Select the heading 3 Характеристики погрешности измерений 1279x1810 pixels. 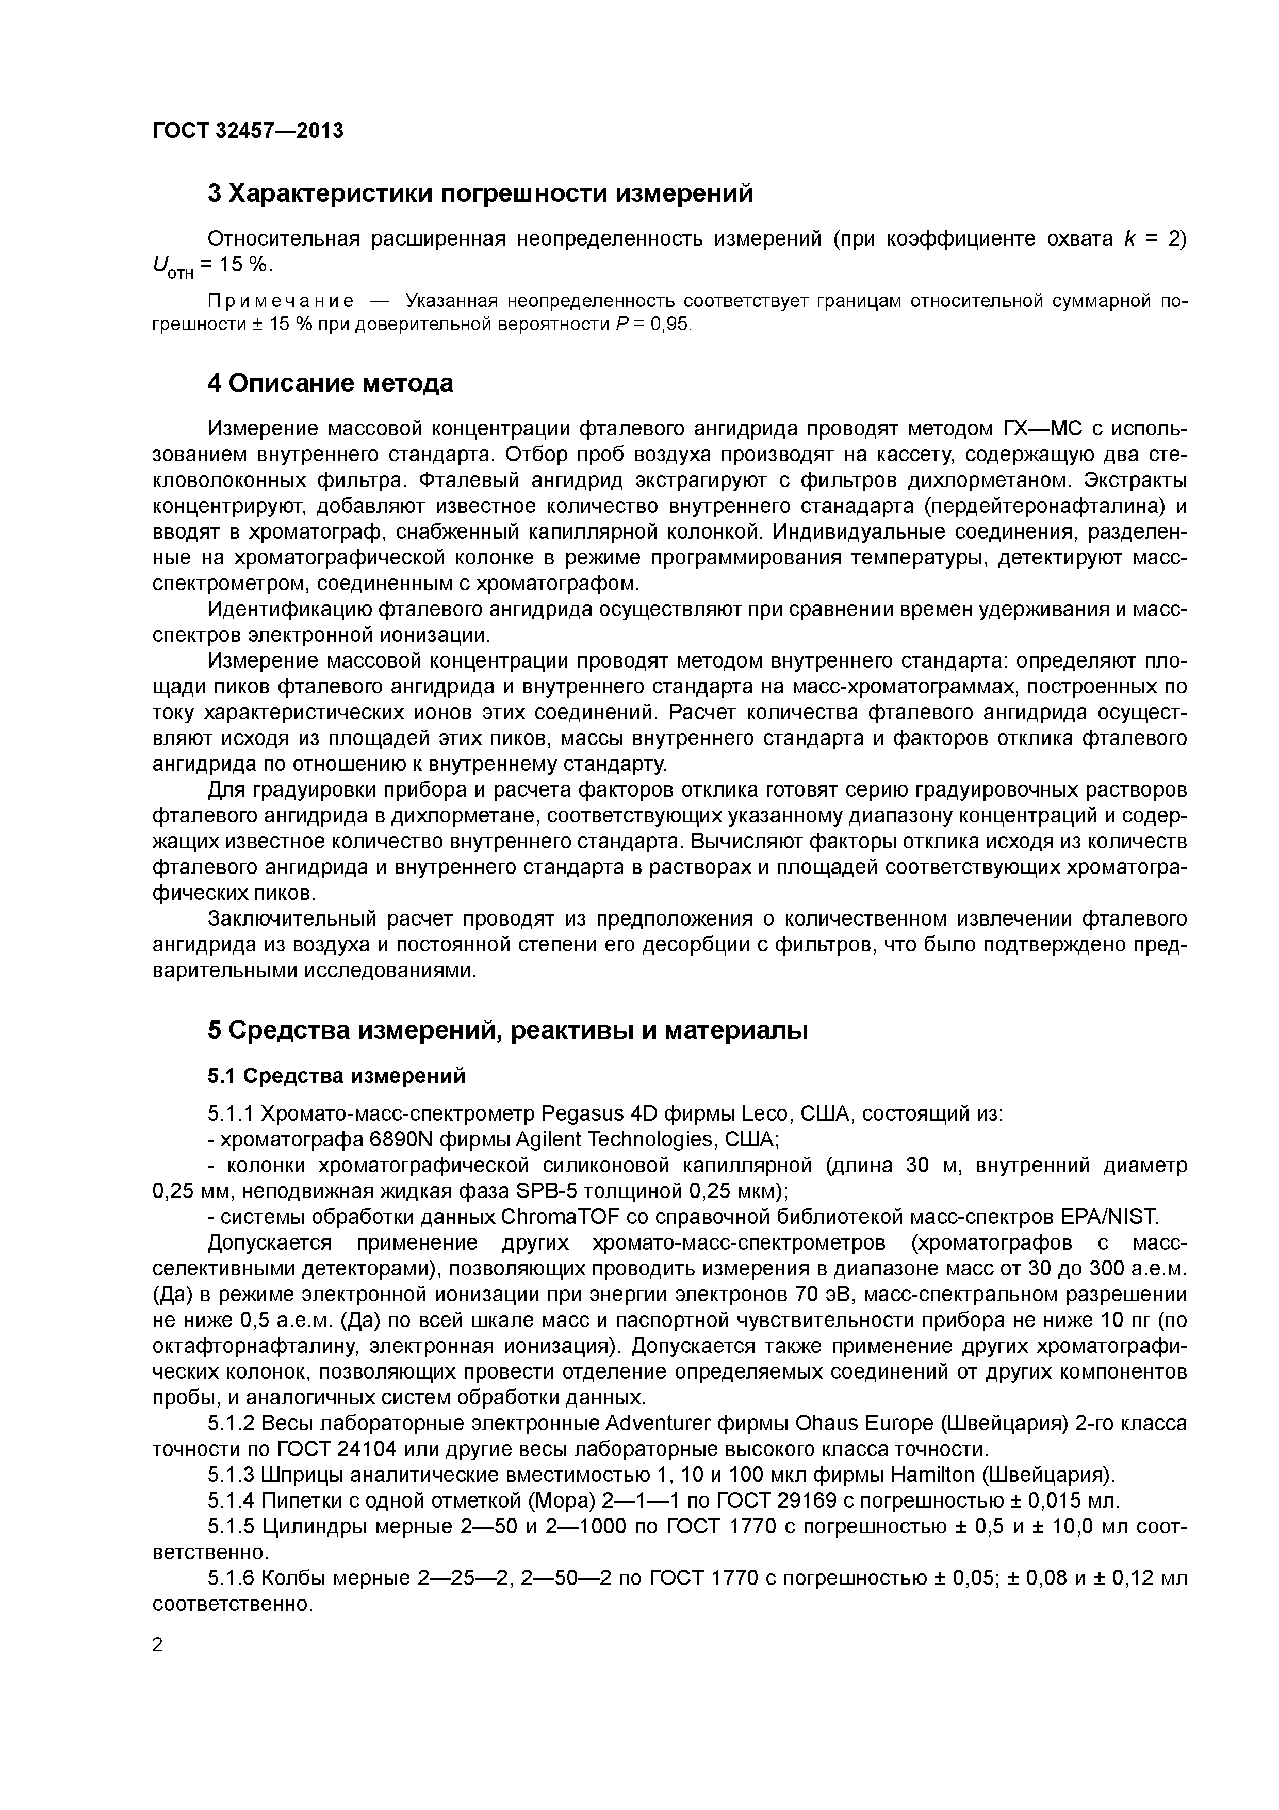[x=480, y=193]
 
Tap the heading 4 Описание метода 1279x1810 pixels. [x=330, y=383]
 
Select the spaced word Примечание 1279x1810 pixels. [x=280, y=301]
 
